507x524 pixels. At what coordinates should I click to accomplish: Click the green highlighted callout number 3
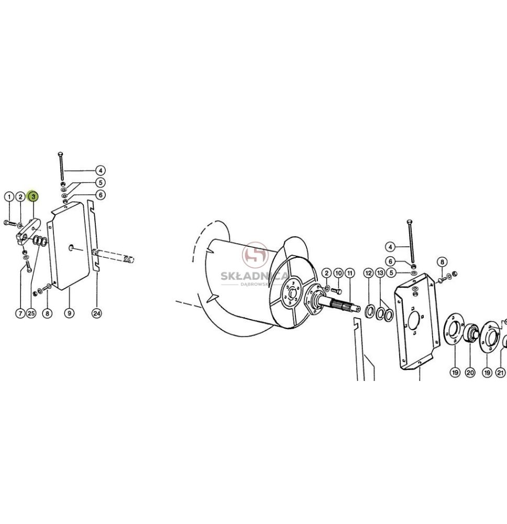click(33, 196)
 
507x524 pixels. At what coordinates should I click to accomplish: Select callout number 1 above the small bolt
click(9, 196)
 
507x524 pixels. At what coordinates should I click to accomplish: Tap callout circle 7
click(20, 313)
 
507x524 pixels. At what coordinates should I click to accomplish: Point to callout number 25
click(31, 313)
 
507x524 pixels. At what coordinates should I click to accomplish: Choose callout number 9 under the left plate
click(69, 313)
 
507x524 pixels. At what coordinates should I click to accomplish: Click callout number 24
click(96, 313)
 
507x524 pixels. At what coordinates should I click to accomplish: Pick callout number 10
click(338, 273)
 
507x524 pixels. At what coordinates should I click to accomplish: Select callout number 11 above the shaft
click(350, 273)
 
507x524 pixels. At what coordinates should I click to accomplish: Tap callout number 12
click(368, 273)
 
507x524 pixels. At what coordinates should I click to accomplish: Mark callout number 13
click(380, 273)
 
